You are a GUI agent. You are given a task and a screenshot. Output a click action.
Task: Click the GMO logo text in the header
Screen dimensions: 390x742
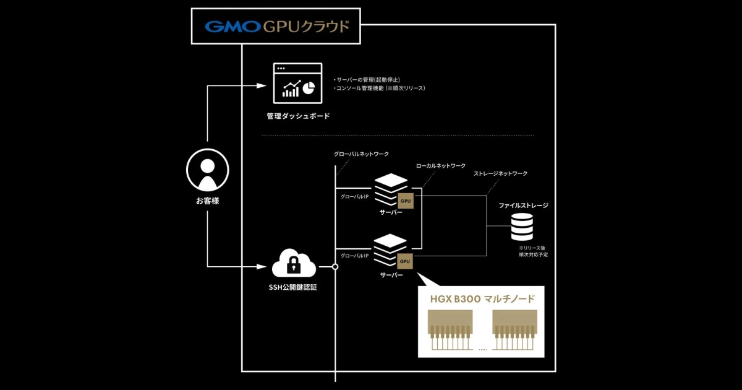click(x=232, y=27)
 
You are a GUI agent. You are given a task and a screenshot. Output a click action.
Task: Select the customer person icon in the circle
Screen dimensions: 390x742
click(x=208, y=172)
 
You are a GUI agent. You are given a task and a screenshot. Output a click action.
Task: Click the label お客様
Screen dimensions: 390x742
click(x=208, y=201)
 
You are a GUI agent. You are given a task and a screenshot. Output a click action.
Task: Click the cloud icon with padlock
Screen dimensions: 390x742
click(x=294, y=264)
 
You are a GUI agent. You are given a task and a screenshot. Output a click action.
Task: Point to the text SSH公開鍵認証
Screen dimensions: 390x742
click(x=294, y=288)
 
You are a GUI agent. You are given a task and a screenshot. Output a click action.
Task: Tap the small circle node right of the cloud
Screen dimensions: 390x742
click(x=335, y=267)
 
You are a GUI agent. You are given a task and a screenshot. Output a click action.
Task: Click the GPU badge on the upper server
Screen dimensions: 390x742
click(x=406, y=201)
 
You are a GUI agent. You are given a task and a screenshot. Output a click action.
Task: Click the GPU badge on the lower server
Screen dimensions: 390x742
click(x=406, y=261)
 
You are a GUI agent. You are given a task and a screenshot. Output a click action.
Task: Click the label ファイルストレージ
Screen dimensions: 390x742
click(x=523, y=205)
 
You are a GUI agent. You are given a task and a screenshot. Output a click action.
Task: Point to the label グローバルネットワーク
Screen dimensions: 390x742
click(x=361, y=154)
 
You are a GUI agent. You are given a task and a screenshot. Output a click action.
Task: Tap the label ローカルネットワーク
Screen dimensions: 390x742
click(x=441, y=166)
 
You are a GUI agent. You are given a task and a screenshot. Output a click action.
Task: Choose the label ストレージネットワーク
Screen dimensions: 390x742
click(x=500, y=174)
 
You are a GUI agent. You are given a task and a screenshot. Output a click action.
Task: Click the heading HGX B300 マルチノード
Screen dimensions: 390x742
click(x=482, y=299)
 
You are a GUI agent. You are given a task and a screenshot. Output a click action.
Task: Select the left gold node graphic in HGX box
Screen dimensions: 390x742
click(x=450, y=331)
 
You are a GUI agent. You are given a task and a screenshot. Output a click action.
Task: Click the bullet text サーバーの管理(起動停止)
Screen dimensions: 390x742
click(x=369, y=80)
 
